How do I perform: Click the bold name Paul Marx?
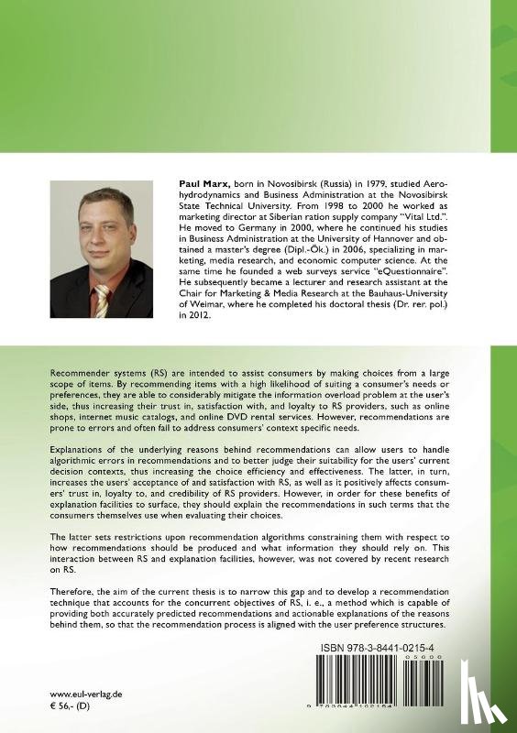(x=200, y=184)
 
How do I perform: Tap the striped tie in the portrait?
(x=102, y=300)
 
